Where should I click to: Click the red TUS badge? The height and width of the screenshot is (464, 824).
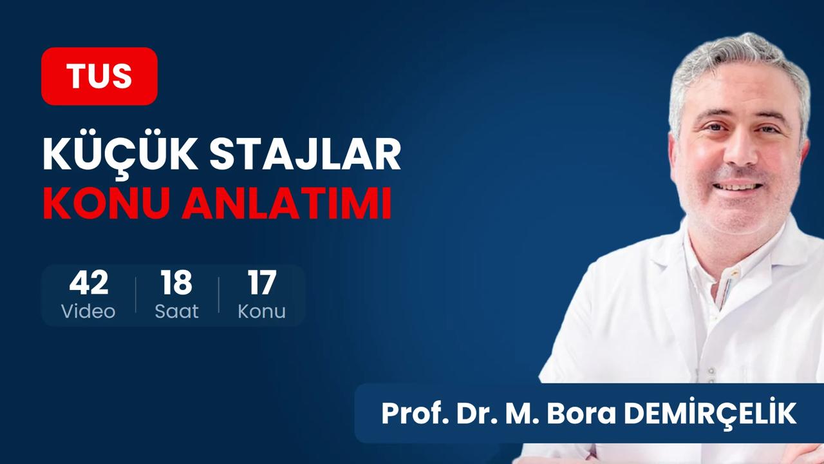click(99, 76)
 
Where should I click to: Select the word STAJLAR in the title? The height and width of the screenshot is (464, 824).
click(305, 154)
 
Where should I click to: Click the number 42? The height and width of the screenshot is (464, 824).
click(89, 282)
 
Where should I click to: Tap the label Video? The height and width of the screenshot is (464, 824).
click(88, 311)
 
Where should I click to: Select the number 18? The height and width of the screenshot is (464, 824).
click(176, 282)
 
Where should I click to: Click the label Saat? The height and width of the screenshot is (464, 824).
click(176, 311)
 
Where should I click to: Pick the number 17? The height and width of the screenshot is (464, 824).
click(261, 282)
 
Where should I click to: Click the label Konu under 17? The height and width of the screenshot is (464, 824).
click(261, 311)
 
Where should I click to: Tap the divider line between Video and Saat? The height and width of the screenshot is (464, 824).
click(136, 295)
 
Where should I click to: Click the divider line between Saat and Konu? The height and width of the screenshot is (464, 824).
click(219, 295)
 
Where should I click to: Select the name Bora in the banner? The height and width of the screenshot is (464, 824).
click(581, 414)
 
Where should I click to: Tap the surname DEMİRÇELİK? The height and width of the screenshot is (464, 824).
click(710, 412)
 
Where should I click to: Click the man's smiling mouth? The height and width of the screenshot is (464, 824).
click(738, 187)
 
